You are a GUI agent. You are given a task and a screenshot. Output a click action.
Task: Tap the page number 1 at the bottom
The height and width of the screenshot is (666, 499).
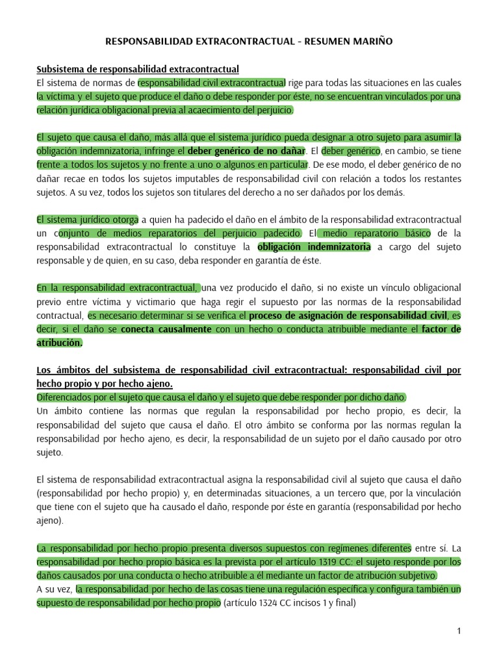click(x=459, y=631)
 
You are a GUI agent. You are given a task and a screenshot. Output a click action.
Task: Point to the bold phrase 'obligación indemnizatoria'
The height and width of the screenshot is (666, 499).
click(x=314, y=246)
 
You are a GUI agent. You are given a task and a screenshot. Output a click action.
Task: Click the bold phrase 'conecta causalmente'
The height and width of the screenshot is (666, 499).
click(x=166, y=329)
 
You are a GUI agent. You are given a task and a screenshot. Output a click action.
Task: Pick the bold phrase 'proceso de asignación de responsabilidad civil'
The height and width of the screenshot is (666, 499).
click(x=349, y=315)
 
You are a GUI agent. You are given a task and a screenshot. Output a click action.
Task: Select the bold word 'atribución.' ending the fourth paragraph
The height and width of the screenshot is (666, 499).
click(x=60, y=343)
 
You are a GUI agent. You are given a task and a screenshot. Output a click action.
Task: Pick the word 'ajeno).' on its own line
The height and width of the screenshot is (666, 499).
click(x=51, y=520)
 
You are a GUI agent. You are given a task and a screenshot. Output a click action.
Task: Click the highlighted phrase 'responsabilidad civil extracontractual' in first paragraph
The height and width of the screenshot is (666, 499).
click(x=212, y=83)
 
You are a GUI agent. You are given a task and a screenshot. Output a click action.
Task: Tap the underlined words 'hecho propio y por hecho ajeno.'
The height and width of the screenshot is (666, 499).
click(x=104, y=384)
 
